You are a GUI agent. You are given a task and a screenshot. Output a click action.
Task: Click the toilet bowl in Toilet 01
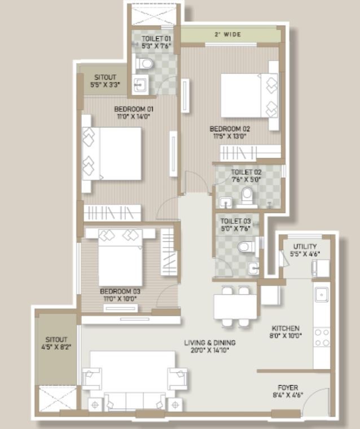point(144,64)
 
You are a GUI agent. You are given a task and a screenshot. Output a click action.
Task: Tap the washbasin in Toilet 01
point(141,84)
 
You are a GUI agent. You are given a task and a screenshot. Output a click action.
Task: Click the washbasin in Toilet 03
point(254,268)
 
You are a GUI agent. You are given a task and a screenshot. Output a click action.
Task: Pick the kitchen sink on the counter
point(322,294)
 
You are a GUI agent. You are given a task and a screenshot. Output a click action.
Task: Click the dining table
point(235,307)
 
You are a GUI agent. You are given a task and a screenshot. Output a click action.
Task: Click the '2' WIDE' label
point(228,34)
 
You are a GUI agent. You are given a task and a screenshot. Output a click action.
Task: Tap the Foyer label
point(288,388)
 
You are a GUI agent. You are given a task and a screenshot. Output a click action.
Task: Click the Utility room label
point(305,246)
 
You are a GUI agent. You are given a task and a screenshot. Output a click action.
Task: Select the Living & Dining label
point(210,343)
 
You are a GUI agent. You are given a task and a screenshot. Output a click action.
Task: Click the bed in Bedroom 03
point(120,258)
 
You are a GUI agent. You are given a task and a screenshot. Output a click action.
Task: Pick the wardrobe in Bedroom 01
point(112,213)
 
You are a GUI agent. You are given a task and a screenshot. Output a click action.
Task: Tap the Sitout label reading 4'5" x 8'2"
point(56,347)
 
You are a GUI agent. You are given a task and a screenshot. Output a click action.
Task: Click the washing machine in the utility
point(321,268)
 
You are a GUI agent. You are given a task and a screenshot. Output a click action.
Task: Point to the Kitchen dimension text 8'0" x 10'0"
point(286,335)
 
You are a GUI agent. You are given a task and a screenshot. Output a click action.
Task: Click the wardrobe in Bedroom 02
point(251,153)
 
